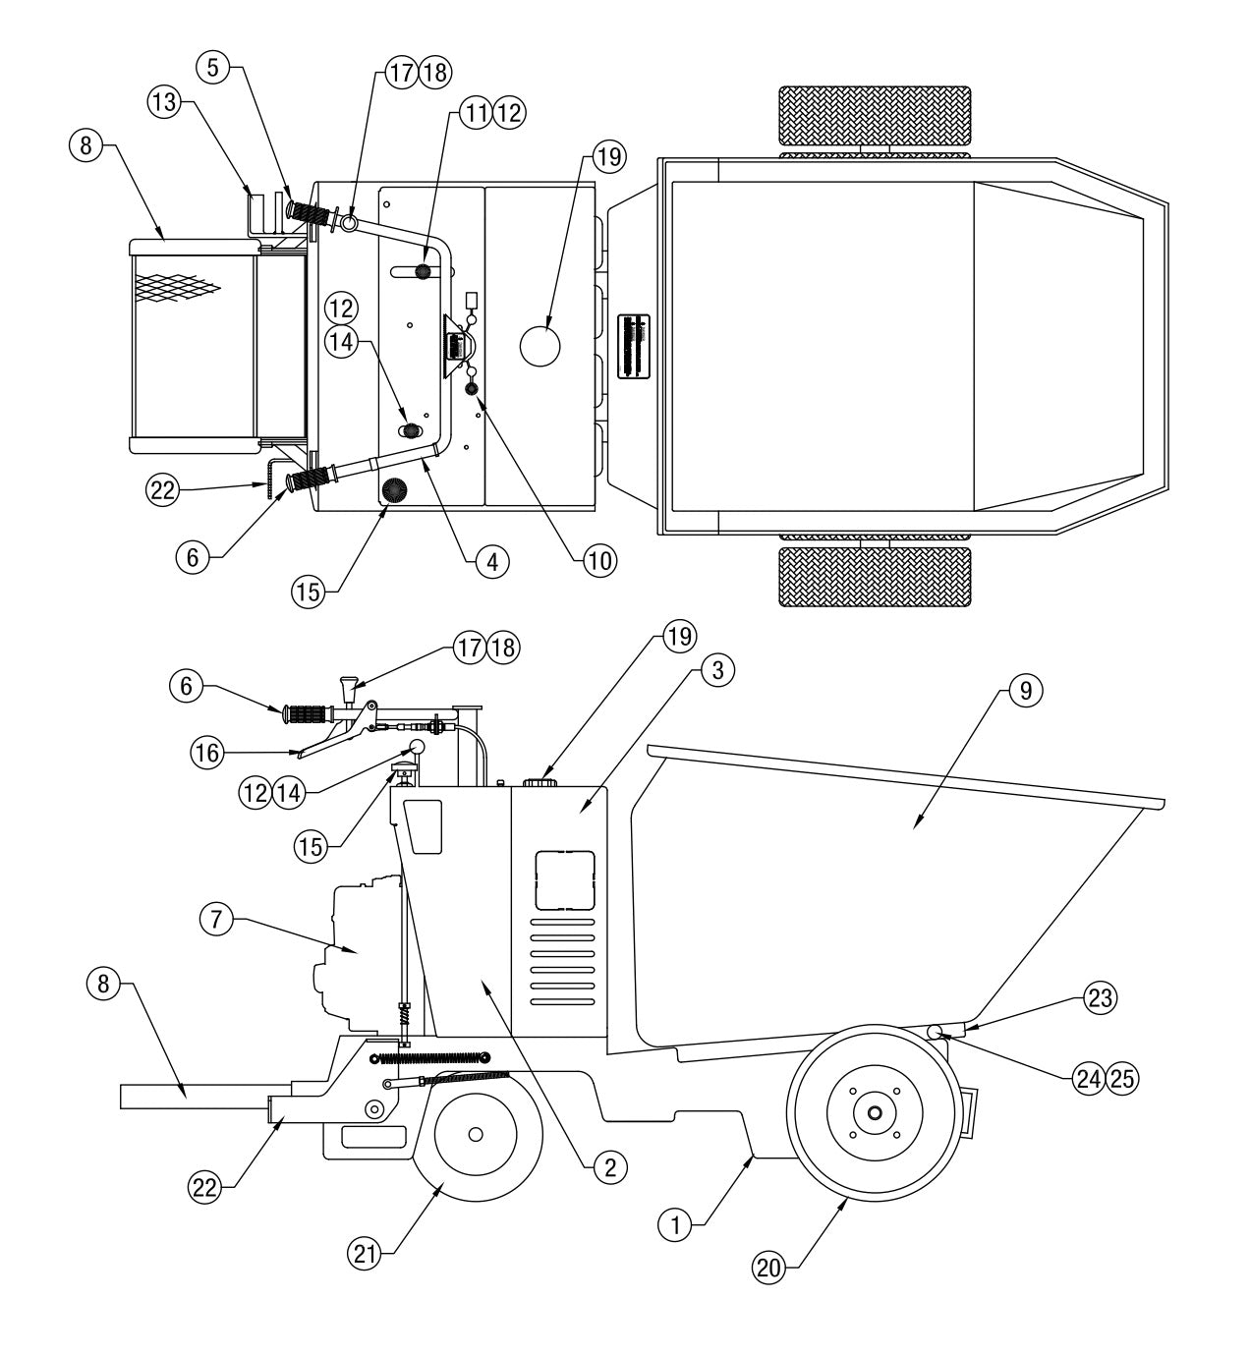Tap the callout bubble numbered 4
[491, 561]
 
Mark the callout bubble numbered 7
[216, 921]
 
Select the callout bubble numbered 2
[608, 1166]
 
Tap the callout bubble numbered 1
[674, 1224]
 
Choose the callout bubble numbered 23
[1100, 998]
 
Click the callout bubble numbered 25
[1121, 1078]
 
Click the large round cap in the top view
[540, 346]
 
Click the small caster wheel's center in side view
[476, 1134]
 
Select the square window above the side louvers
[565, 878]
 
